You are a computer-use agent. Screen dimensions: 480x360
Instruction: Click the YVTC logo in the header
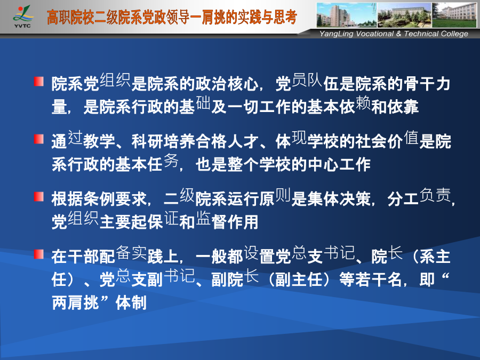tap(22, 17)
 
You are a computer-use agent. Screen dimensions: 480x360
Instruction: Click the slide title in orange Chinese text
tap(172, 17)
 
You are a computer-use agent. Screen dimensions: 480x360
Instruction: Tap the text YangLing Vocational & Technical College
tap(394, 34)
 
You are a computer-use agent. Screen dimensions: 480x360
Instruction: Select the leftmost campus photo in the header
tap(347, 15)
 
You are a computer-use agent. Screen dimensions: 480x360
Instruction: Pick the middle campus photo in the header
tap(404, 15)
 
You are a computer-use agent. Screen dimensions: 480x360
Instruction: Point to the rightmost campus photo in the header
tap(454, 15)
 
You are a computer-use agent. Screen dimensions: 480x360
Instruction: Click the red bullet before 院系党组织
tap(39, 82)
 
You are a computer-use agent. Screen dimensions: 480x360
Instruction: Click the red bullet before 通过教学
tap(39, 139)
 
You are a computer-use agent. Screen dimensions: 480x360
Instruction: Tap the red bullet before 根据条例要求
tap(39, 196)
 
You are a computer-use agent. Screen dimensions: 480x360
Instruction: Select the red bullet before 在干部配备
tap(39, 254)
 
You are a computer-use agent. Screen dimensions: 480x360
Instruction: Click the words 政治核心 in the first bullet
tap(227, 84)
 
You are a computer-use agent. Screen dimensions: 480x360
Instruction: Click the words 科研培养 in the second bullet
tap(163, 141)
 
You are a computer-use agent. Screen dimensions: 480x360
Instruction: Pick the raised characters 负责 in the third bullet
tap(435, 195)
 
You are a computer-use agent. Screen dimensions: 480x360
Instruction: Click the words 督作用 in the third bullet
tap(235, 222)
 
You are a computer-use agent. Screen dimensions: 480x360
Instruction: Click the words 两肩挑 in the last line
tap(75, 303)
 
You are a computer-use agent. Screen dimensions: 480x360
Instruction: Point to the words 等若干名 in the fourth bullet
tap(371, 279)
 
